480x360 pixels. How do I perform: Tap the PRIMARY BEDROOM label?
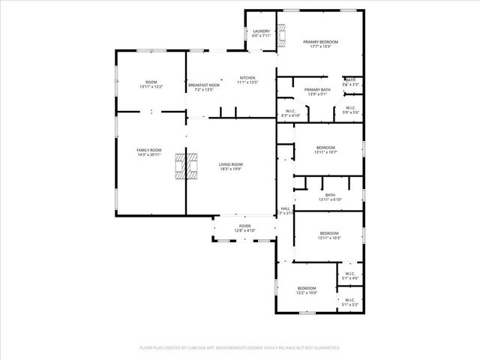320,43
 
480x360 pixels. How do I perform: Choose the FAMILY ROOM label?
148,152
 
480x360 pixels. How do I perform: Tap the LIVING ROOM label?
231,166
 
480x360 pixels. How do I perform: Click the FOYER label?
244,227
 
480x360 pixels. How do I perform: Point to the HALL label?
285,211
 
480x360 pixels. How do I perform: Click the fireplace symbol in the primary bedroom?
281,35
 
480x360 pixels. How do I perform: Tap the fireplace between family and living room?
187,166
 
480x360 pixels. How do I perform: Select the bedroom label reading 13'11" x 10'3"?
328,235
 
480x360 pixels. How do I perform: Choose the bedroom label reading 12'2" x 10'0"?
307,290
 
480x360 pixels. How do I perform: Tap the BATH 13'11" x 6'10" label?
330,197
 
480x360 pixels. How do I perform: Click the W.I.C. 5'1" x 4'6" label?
350,275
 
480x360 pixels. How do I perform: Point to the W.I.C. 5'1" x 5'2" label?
350,302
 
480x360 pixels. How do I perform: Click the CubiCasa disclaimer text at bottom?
240,348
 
